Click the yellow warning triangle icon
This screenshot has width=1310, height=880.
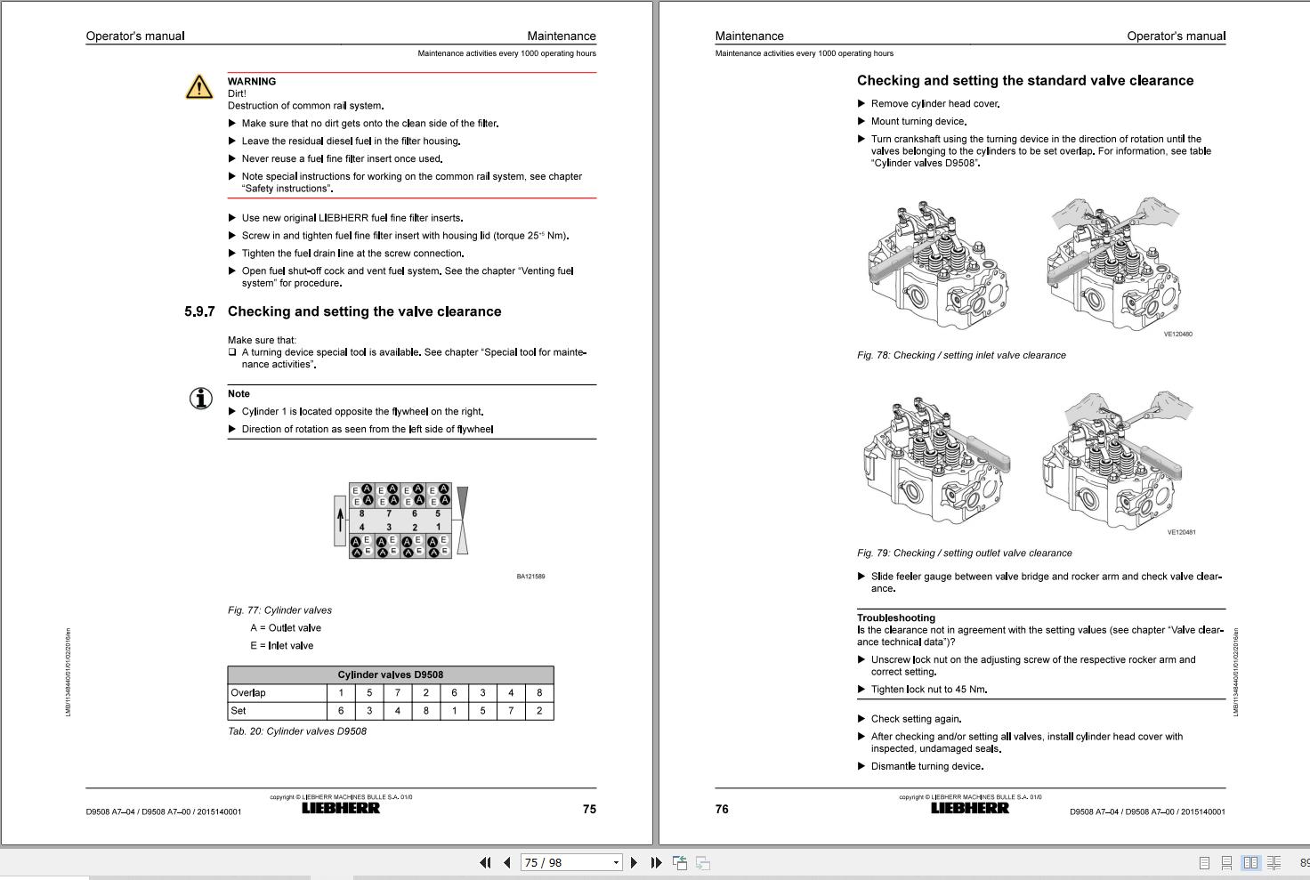(199, 86)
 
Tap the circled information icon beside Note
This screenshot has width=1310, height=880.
(202, 398)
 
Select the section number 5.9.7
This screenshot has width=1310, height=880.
(199, 311)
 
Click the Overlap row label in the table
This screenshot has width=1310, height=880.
(248, 693)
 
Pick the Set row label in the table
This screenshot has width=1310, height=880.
(239, 711)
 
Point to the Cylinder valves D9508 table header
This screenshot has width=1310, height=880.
(390, 674)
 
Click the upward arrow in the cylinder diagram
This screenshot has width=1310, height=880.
(340, 520)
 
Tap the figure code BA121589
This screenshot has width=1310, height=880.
(530, 577)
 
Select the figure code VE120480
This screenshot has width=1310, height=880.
(1177, 335)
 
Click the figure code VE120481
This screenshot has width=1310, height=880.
(1181, 533)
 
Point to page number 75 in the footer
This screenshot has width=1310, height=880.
(589, 809)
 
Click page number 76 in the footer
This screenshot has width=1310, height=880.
(722, 809)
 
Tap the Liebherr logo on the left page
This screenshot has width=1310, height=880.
(341, 808)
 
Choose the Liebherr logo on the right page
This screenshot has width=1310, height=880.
(970, 808)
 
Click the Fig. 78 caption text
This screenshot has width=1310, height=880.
(961, 355)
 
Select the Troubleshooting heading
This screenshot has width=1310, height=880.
(895, 618)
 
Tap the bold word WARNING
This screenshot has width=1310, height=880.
(252, 81)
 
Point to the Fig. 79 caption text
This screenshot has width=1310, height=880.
(964, 553)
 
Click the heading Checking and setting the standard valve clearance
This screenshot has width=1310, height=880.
(1024, 81)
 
